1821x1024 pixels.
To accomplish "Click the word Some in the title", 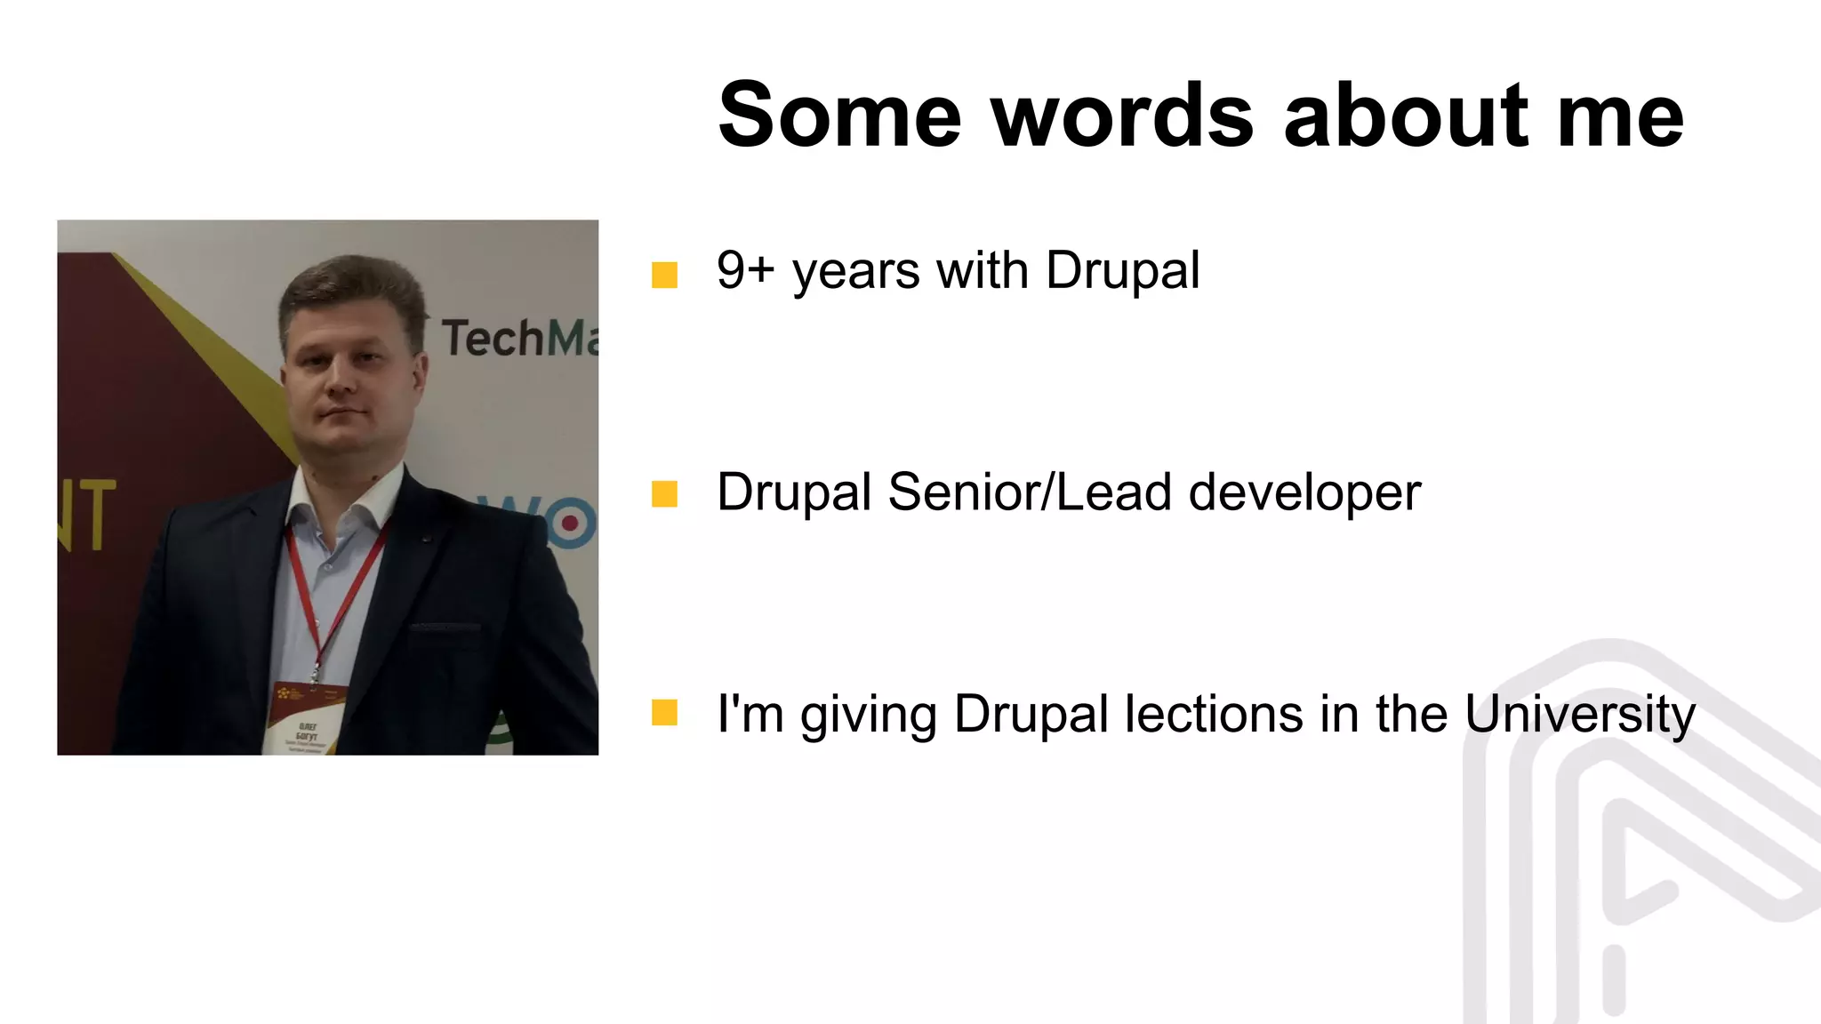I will point(839,116).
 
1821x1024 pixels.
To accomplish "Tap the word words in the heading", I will point(1122,116).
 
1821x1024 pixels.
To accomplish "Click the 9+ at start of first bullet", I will point(745,270).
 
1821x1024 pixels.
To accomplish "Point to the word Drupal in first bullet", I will point(1122,270).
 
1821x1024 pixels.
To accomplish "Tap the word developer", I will point(1304,493).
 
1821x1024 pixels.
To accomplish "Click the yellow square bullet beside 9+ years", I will point(664,275).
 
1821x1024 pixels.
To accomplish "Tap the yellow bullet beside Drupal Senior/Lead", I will point(664,494).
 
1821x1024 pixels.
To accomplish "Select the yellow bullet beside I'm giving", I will point(664,713).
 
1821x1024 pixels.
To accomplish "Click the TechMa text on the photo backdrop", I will point(519,339).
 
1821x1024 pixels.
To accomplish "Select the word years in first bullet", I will point(855,272).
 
